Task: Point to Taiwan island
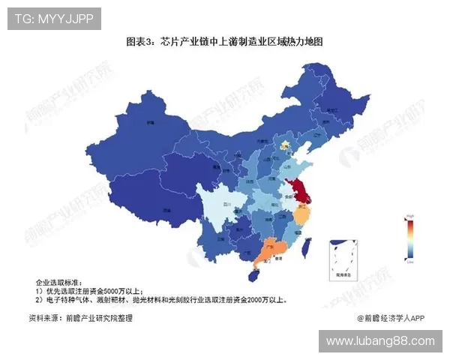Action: (307, 248)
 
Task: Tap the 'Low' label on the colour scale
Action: (410, 263)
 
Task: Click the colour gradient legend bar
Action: (410, 239)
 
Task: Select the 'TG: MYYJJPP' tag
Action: (54, 19)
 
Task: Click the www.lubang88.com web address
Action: (380, 341)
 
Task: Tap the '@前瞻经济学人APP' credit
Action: (391, 318)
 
